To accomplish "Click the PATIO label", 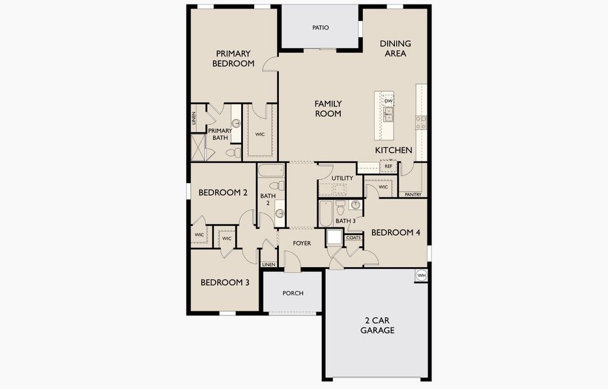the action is pyautogui.click(x=320, y=27).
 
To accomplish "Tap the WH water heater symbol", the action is pyautogui.click(x=421, y=275).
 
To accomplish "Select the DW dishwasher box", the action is pyautogui.click(x=388, y=101).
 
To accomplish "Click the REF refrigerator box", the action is pyautogui.click(x=388, y=166).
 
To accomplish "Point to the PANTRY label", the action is pyautogui.click(x=413, y=194).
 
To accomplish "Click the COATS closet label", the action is pyautogui.click(x=353, y=237).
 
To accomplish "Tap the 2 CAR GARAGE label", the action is pyautogui.click(x=377, y=325).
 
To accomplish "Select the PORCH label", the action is pyautogui.click(x=293, y=293).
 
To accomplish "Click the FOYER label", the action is pyautogui.click(x=302, y=243).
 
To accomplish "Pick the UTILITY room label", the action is pyautogui.click(x=342, y=178).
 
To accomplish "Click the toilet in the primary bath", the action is pyautogui.click(x=233, y=152).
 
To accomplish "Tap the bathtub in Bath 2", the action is pyautogui.click(x=271, y=171).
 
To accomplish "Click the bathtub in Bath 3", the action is pyautogui.click(x=326, y=213).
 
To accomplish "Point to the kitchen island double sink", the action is pyautogui.click(x=388, y=115).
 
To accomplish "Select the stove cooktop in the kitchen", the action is pyautogui.click(x=421, y=123).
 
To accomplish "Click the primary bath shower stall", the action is pyautogui.click(x=197, y=148).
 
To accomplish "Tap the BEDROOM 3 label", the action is pyautogui.click(x=225, y=282).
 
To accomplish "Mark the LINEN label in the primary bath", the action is pyautogui.click(x=194, y=118).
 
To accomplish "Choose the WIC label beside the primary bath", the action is pyautogui.click(x=260, y=134).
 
